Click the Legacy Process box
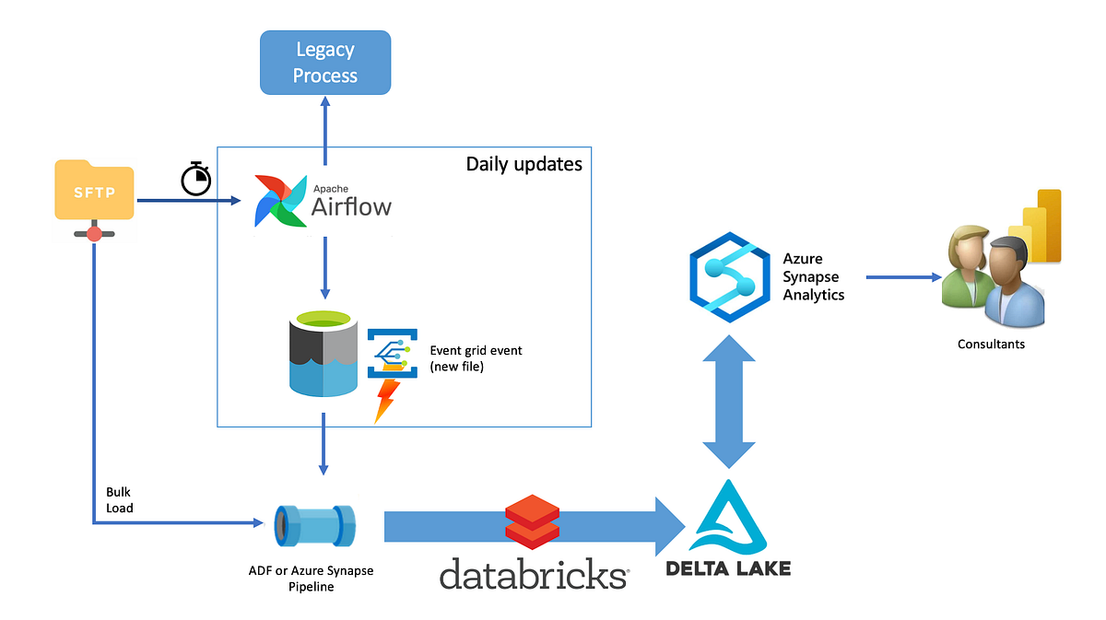pyautogui.click(x=325, y=63)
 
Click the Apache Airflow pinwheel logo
pyautogui.click(x=280, y=200)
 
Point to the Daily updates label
pyautogui.click(x=524, y=164)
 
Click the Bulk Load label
pyautogui.click(x=119, y=500)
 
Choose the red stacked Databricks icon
pyautogui.click(x=533, y=521)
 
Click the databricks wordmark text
pyautogui.click(x=534, y=574)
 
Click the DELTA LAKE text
pyautogui.click(x=727, y=567)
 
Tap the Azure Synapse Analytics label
pyautogui.click(x=814, y=276)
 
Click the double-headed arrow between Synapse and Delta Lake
pyautogui.click(x=729, y=402)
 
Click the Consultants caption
pyautogui.click(x=991, y=344)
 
